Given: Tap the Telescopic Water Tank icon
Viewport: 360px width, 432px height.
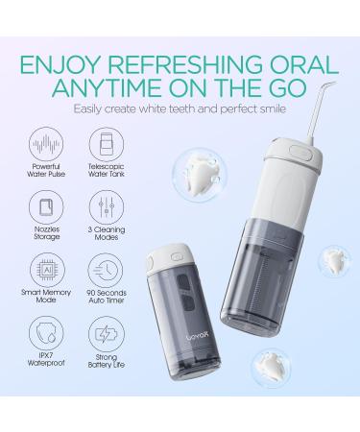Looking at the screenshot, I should tap(108, 139).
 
